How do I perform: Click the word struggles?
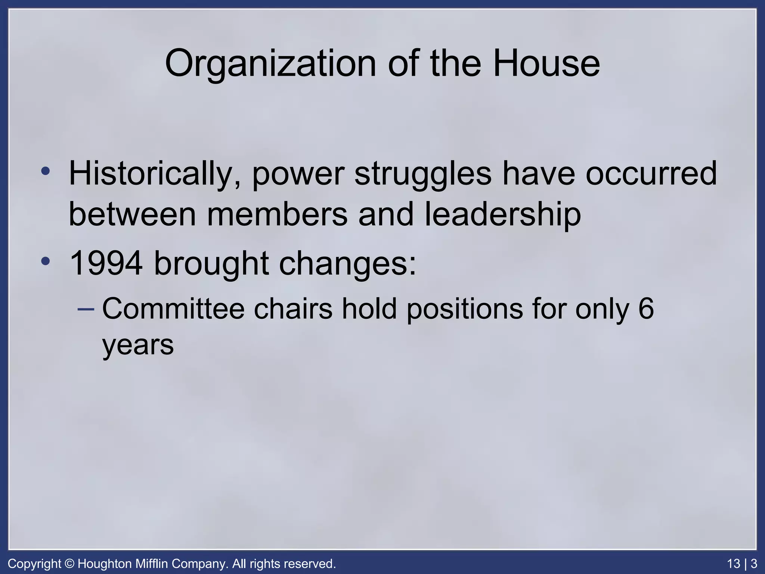tap(423, 174)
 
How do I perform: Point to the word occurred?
tap(651, 173)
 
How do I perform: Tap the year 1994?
tap(106, 263)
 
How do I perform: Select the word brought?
tap(211, 263)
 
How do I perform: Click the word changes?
tap(348, 264)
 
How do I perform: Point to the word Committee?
tap(173, 309)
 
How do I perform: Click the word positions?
tap(465, 309)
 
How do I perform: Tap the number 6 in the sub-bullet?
tap(646, 309)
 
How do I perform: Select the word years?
tap(138, 346)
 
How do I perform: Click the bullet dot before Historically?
tap(46, 172)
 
